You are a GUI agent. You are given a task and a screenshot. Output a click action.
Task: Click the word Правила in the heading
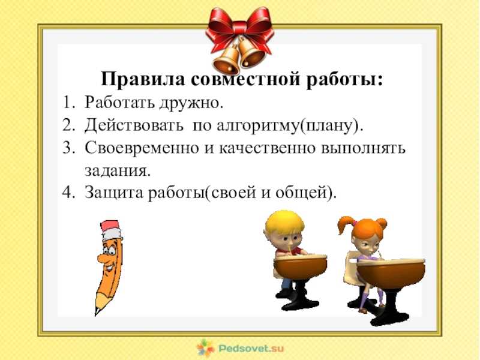143,79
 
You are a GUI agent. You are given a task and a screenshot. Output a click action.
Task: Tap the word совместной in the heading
245,79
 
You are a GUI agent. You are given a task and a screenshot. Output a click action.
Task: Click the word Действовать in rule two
134,125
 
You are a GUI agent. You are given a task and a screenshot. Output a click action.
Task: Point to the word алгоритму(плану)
290,126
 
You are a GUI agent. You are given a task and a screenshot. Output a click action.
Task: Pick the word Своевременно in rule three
142,148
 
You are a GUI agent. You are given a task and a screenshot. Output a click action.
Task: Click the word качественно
267,148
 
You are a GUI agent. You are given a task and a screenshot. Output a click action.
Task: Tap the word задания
118,170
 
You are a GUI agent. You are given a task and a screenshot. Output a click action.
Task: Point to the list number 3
68,148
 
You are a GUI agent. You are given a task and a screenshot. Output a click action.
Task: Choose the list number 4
68,193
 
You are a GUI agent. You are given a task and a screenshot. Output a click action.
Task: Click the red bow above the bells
239,28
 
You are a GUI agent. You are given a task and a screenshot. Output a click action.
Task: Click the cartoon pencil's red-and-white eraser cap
111,230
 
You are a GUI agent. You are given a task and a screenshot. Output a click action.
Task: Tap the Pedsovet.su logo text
251,349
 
